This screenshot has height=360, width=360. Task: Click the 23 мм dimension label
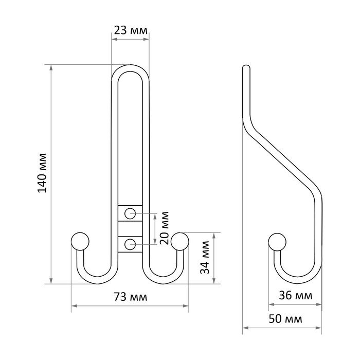[x=131, y=30]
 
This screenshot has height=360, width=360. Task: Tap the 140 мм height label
[x=42, y=173]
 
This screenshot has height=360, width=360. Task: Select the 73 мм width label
[x=131, y=297]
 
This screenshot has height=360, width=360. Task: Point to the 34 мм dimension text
[x=205, y=257]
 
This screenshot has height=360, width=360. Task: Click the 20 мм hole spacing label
[x=165, y=228]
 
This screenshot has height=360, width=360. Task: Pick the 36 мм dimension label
[x=296, y=296]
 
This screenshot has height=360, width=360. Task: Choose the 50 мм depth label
[x=285, y=319]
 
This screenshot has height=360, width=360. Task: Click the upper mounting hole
[x=130, y=213]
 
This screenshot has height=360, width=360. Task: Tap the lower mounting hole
[x=130, y=244]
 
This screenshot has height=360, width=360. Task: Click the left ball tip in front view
[x=80, y=242]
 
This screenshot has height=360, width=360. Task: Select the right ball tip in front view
[x=180, y=242]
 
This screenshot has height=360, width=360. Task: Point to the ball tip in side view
[x=277, y=242]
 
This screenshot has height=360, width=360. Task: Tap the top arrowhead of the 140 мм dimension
[x=51, y=67]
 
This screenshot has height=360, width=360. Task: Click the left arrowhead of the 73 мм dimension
[x=74, y=306]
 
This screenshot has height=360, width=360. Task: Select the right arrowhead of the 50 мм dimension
[x=318, y=328]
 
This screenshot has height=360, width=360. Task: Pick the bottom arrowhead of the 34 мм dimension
[x=214, y=281]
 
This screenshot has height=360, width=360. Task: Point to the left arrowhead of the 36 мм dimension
[x=272, y=304]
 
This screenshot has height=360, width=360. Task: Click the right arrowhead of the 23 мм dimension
[x=146, y=39]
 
